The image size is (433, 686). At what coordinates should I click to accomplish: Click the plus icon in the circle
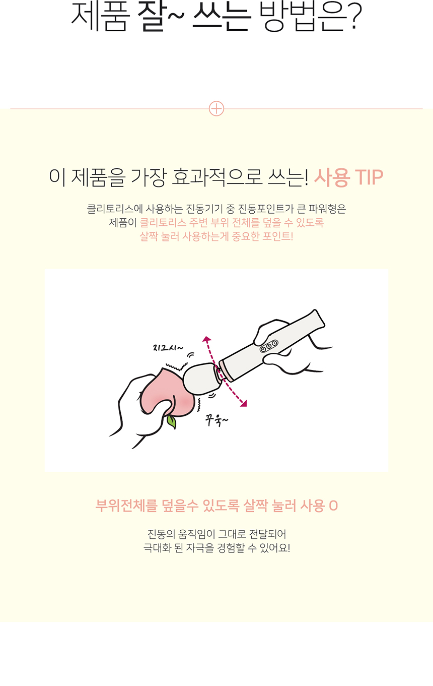[x=216, y=108]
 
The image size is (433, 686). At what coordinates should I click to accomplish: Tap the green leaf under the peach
[x=172, y=422]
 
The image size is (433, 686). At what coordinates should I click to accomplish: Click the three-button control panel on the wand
[x=269, y=346]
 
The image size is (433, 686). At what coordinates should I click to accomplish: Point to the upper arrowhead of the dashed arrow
[x=207, y=339]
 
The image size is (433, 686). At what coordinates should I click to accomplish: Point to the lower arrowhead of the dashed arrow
[x=243, y=403]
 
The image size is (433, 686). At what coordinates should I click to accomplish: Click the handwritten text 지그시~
[x=168, y=348]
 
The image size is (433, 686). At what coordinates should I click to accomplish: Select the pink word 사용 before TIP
[x=332, y=177]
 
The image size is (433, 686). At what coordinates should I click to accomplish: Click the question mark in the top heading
[x=354, y=16]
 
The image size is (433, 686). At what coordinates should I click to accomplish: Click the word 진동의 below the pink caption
[x=161, y=534]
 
